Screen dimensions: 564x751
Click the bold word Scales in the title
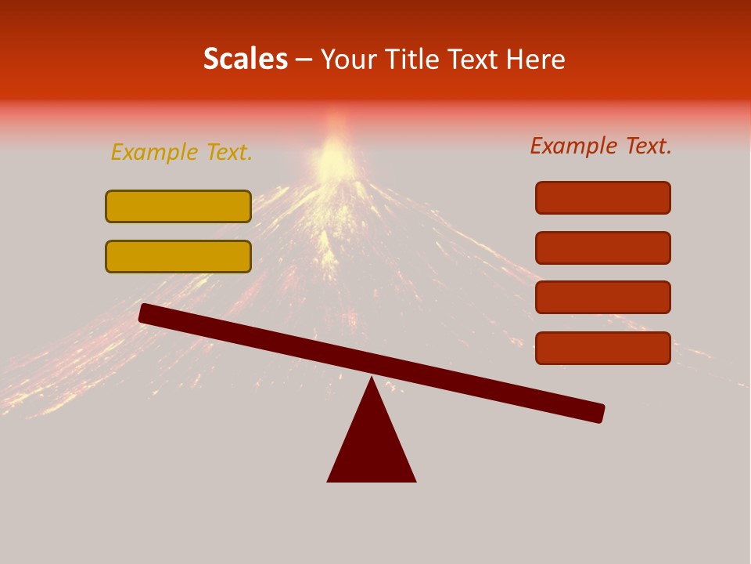(245, 59)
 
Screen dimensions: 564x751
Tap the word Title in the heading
(410, 59)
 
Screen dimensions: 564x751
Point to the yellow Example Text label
(181, 152)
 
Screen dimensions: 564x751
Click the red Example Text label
(601, 146)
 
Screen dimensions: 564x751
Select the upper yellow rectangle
(178, 206)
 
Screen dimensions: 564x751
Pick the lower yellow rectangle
(178, 256)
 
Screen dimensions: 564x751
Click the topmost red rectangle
(603, 197)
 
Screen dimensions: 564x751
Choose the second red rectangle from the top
(603, 248)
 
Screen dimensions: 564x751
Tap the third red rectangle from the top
(603, 298)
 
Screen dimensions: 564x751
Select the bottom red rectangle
(603, 348)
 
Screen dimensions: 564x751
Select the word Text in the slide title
(469, 59)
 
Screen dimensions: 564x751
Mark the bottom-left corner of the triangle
(329, 480)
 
